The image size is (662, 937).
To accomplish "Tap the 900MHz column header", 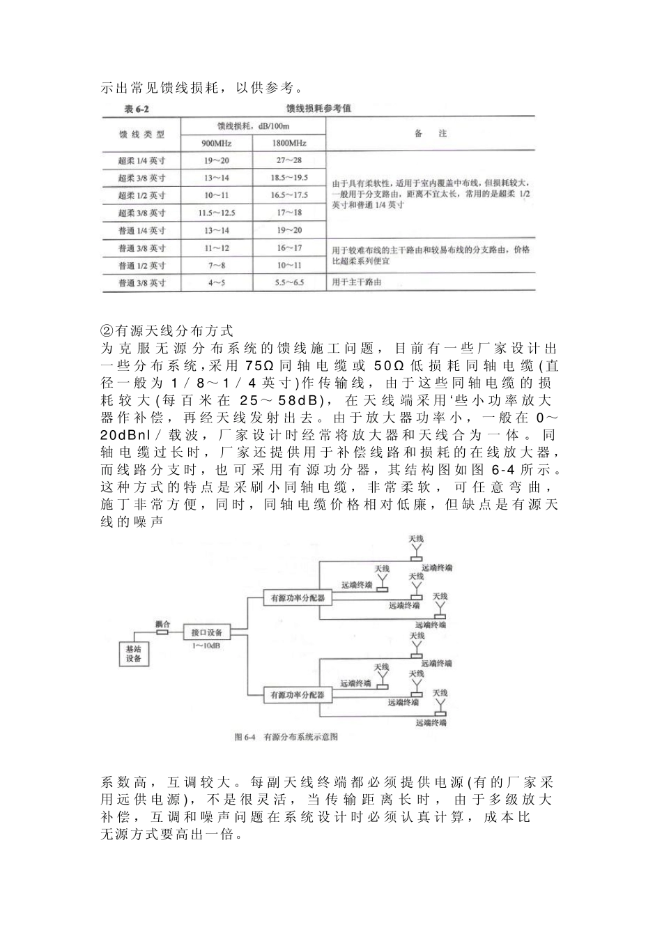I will tap(216, 143).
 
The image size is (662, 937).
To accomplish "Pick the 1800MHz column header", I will tap(288, 143).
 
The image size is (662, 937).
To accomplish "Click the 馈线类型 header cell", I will tap(141, 134).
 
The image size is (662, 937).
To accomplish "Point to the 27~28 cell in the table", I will tap(288, 160).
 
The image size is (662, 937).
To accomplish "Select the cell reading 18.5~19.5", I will tap(288, 178).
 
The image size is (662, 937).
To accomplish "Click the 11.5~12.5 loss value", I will tap(216, 213).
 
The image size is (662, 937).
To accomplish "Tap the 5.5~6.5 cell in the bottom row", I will tap(288, 282).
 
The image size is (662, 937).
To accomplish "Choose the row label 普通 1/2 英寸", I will tap(141, 265).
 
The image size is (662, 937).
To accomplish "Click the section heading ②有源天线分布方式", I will tap(167, 330).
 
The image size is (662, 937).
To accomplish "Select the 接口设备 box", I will tap(207, 632).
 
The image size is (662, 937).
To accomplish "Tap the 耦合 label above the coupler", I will tap(162, 624).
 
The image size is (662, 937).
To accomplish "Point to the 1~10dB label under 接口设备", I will tap(207, 646).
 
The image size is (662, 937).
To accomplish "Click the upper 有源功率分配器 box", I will tap(298, 597).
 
